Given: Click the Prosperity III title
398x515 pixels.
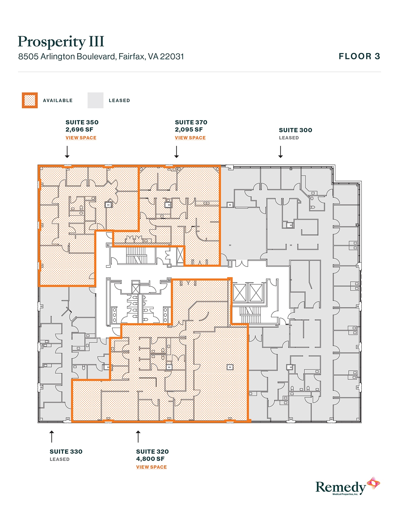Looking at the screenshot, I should (61, 42).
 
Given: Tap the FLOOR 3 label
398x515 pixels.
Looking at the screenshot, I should (359, 56).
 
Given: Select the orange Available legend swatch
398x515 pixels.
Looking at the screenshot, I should (30, 101).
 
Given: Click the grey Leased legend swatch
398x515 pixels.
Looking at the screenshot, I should (95, 101).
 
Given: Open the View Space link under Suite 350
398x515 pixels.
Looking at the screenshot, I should (81, 138).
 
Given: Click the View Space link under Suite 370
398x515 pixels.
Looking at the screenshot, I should (190, 138).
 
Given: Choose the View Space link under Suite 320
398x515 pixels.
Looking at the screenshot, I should (151, 467).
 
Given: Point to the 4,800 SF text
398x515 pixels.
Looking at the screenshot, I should (150, 459).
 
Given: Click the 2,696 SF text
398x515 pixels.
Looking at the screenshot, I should (79, 130).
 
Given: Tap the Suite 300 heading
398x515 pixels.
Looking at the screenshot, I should (295, 130).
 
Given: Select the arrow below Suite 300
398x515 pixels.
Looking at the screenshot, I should (280, 152).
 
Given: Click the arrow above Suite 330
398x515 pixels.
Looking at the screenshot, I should (52, 436).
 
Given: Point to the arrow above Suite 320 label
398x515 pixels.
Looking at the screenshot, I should (138, 436).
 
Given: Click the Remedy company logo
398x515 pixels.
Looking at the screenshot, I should (347, 486).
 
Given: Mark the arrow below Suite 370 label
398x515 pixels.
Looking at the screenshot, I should (176, 152).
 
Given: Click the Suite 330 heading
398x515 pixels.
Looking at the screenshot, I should (66, 452).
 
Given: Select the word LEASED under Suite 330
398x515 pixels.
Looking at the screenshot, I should (59, 459).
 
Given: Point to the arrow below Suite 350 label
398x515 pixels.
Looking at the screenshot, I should (67, 152).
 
